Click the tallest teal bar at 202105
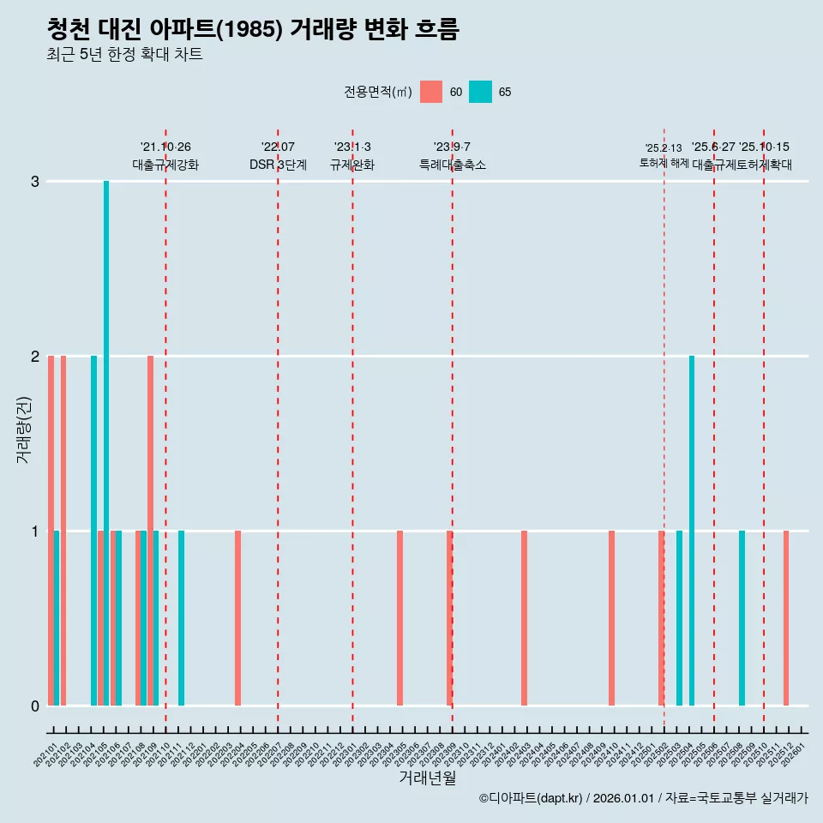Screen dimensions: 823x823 [x=106, y=442]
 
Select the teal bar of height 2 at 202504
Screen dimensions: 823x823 [x=692, y=530]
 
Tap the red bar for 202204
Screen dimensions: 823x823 [x=237, y=618]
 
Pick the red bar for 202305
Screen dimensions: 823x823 [x=399, y=618]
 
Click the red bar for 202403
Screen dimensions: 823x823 [x=524, y=618]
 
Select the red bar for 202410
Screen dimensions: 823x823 [x=611, y=618]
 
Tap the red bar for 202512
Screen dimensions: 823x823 [x=785, y=618]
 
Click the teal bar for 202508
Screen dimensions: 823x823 [x=742, y=618]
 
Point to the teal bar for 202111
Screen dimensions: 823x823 [x=181, y=618]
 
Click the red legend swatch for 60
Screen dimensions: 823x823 [x=431, y=92]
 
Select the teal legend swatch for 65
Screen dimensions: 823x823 [x=480, y=92]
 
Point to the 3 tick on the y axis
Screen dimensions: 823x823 [x=35, y=181]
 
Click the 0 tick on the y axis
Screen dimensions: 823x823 [x=35, y=706]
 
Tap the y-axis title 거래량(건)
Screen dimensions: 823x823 [x=23, y=430]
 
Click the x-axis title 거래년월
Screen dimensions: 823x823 [x=427, y=778]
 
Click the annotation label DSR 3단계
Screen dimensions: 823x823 [x=278, y=165]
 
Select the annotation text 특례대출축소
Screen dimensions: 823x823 [x=452, y=165]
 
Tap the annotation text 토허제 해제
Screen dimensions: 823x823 [x=664, y=163]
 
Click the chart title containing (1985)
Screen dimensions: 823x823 [x=254, y=29]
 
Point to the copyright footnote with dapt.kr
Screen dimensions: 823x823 [x=643, y=798]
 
